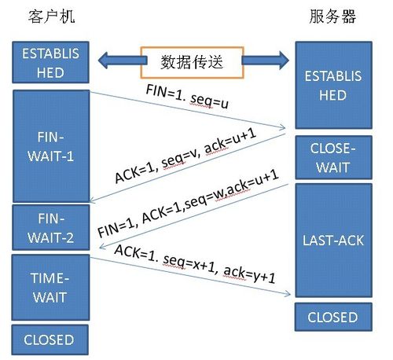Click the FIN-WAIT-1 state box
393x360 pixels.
[48, 145]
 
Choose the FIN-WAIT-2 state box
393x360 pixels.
[48, 227]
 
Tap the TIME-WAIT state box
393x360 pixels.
[48, 288]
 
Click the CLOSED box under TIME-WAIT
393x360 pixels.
[48, 340]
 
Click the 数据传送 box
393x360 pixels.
[193, 61]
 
